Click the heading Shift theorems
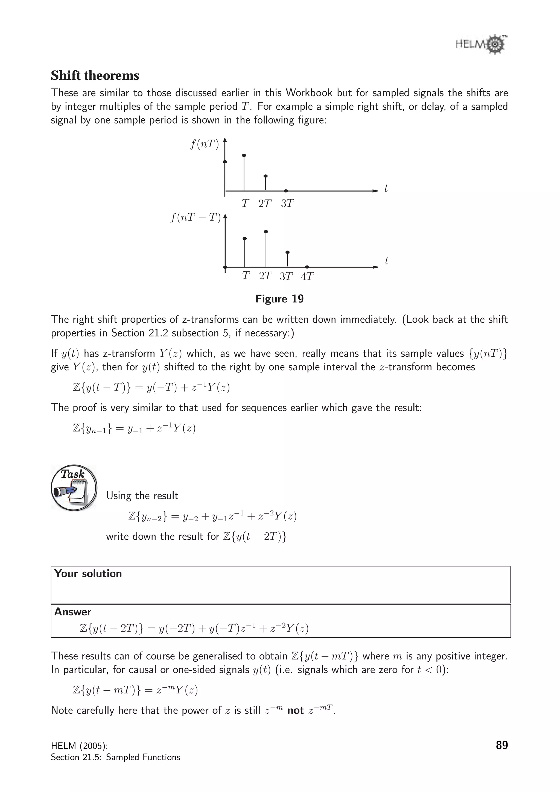95,75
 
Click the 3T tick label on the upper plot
287,204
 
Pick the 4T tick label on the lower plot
307,276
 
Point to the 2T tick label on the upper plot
265,204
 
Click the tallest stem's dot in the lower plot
266,232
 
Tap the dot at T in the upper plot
244,156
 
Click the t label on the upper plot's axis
386,188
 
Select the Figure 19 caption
279,299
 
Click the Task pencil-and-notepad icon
74,487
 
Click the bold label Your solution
88,573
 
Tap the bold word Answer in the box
73,612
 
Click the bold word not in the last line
295,710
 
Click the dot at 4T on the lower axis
307,267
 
